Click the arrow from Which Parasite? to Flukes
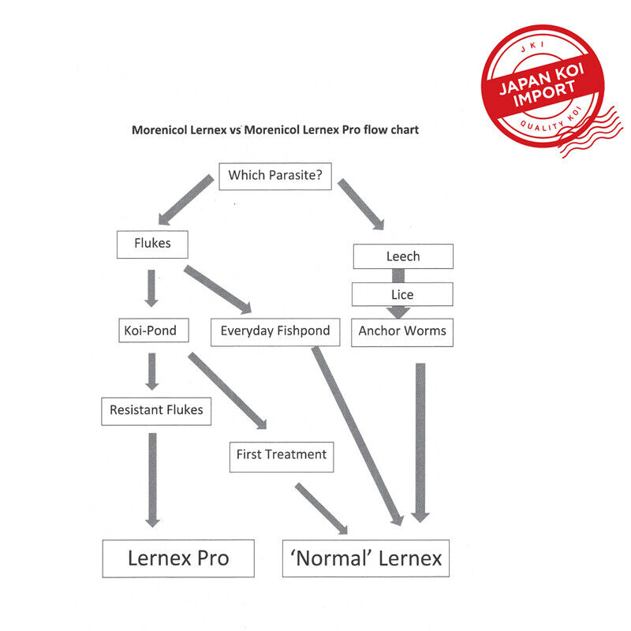pyautogui.click(x=186, y=200)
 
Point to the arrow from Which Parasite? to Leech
pyautogui.click(x=361, y=204)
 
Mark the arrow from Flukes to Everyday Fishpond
pyautogui.click(x=218, y=289)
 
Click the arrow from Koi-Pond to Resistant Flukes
pyautogui.click(x=151, y=372)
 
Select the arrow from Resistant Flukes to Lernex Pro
pyautogui.click(x=152, y=480)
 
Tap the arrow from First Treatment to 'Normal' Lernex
pyautogui.click(x=321, y=509)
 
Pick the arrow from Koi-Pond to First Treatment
pyautogui.click(x=227, y=390)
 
